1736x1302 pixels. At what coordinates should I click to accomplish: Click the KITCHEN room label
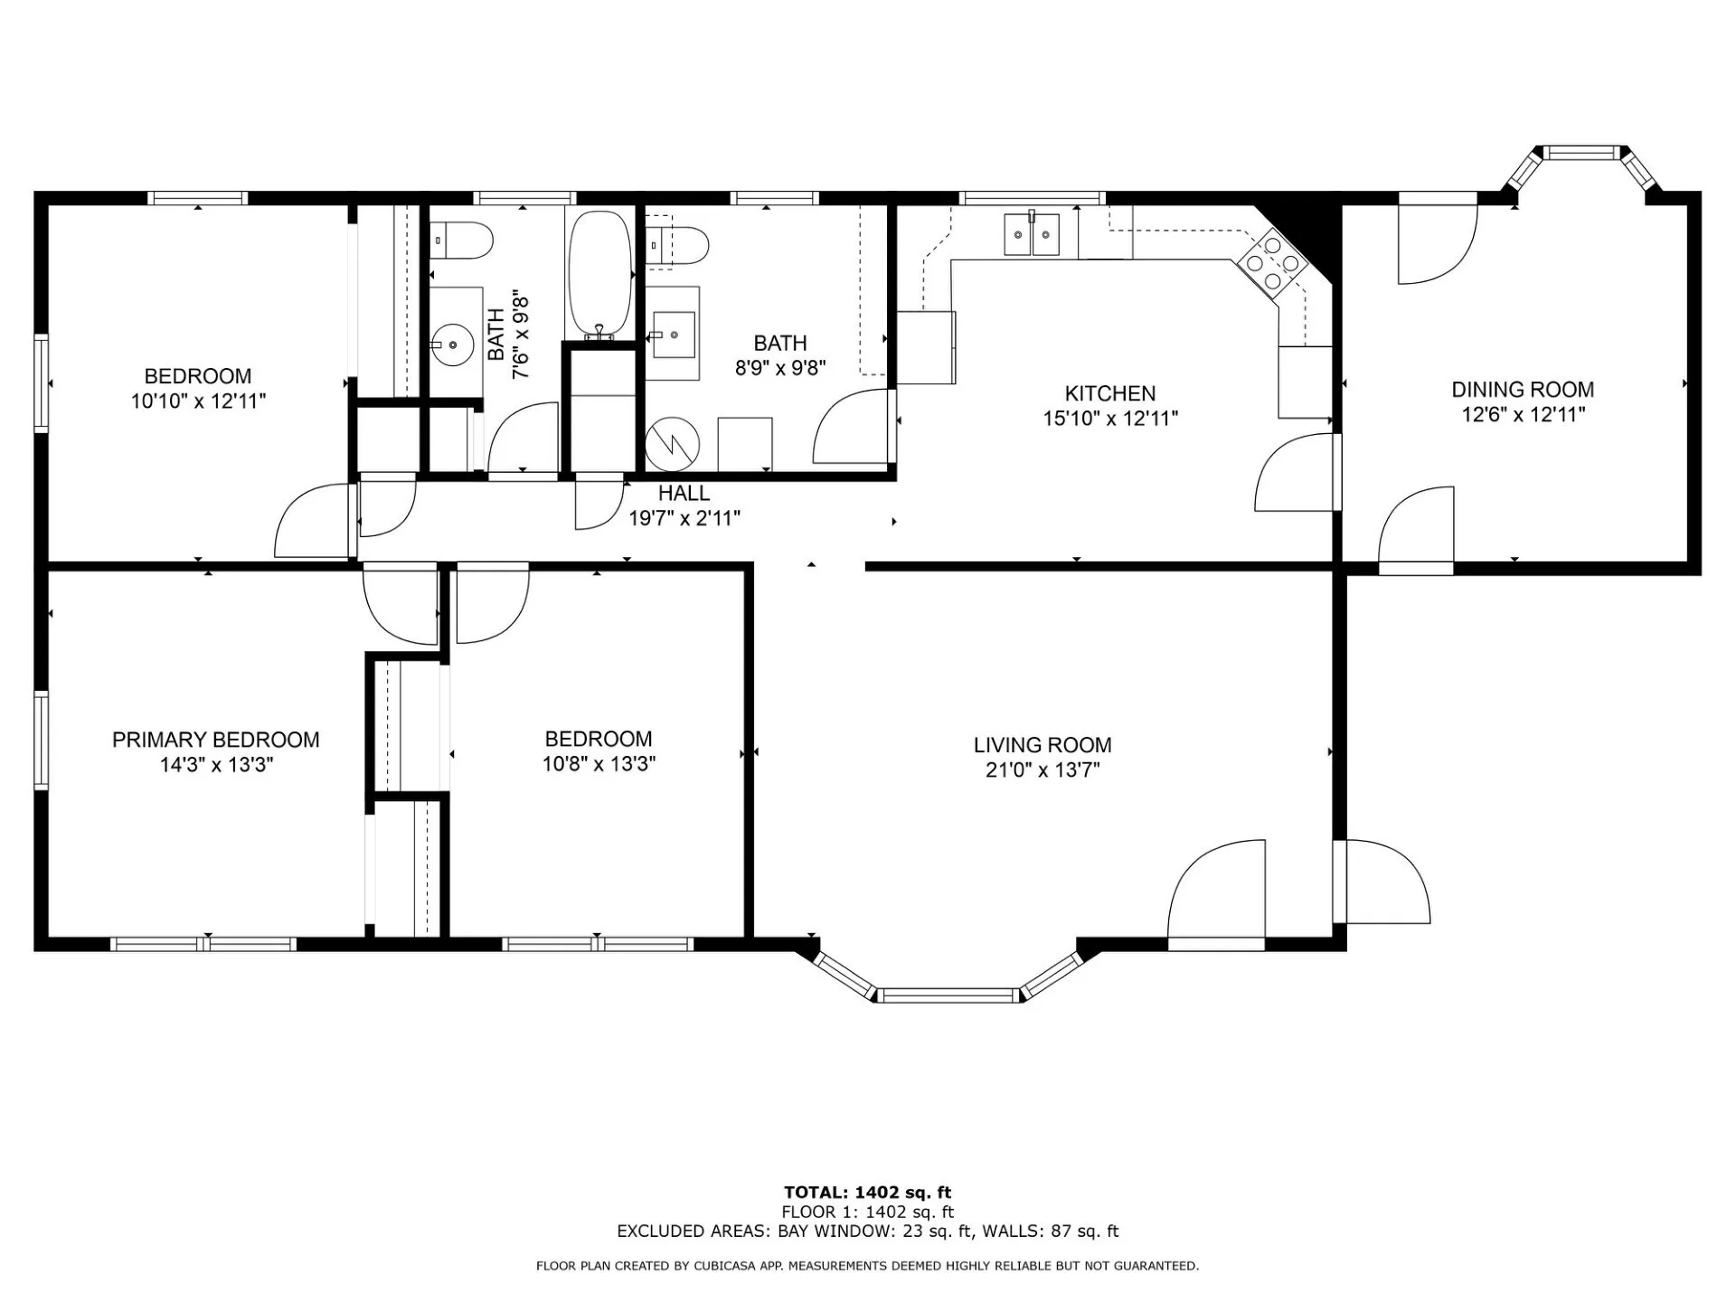[1109, 393]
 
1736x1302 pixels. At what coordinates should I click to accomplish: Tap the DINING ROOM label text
[1523, 390]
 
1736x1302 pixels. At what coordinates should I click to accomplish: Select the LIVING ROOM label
[1043, 745]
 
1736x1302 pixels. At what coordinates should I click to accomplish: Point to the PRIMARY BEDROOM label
[216, 740]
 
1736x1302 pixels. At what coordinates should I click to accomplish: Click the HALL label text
[684, 493]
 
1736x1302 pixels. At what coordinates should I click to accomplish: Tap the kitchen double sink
[1032, 235]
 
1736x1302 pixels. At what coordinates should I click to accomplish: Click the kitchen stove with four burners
[1272, 263]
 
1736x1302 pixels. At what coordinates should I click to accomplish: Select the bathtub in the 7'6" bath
[599, 276]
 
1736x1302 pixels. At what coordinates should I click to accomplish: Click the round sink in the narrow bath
[452, 344]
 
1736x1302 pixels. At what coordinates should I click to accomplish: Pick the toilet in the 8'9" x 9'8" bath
[677, 244]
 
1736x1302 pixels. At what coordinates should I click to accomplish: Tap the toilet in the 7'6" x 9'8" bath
[461, 241]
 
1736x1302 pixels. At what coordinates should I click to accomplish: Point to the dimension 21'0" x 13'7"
[1043, 770]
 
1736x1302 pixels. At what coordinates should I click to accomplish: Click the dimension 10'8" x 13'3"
[599, 764]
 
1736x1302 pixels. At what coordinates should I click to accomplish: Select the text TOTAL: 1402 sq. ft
[867, 1193]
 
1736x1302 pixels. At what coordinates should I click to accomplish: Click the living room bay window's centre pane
[948, 995]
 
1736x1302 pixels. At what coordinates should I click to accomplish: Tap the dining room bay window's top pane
[1581, 152]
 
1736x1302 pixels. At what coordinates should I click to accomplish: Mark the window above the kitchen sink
[1032, 198]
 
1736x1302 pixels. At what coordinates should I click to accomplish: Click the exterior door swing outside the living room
[1382, 882]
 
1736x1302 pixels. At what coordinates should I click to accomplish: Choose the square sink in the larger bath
[674, 335]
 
